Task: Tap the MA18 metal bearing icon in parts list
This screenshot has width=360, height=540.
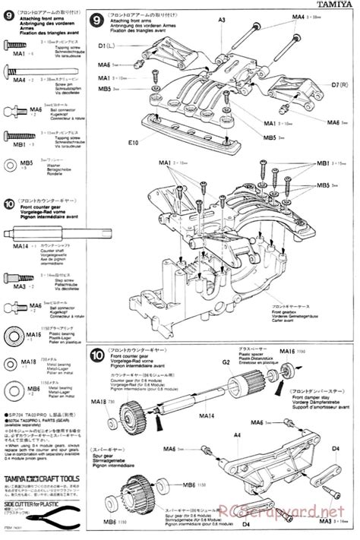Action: pyautogui.click(x=11, y=365)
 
